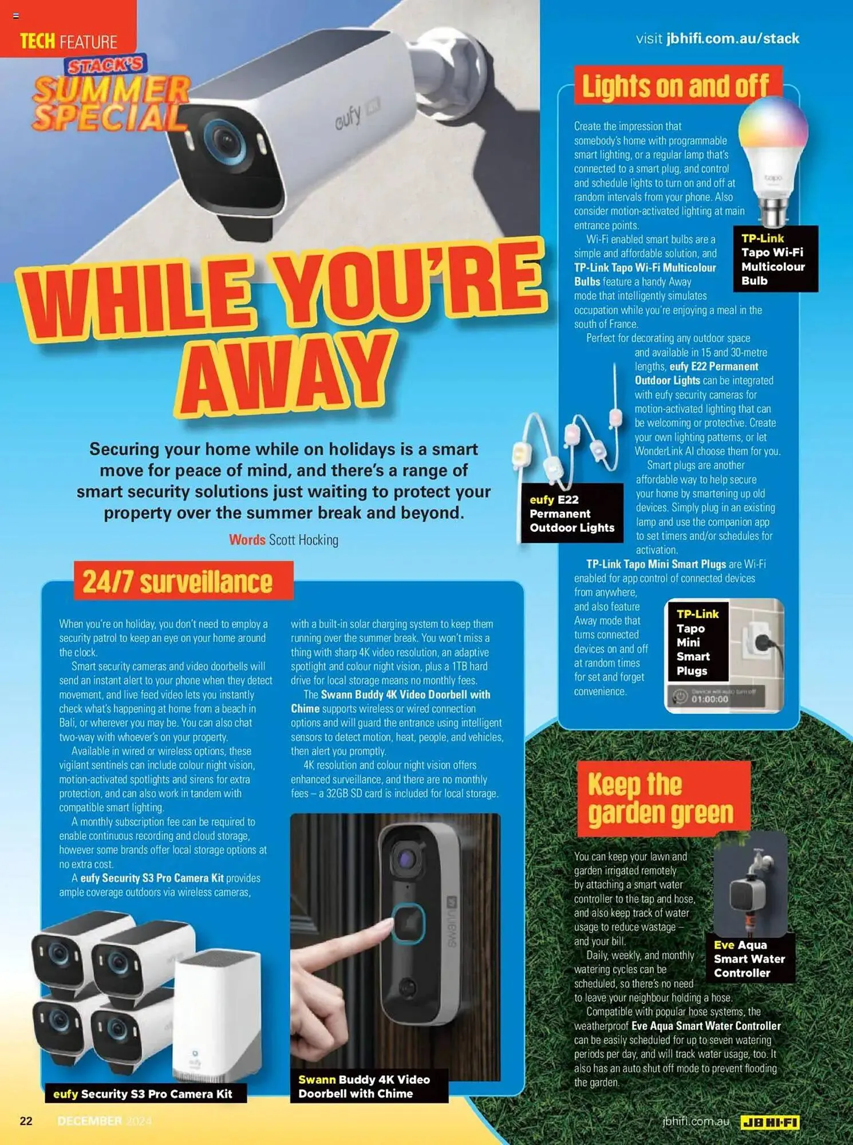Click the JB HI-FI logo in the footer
pos(769,1123)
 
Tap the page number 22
pos(26,1121)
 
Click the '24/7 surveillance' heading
pos(178,582)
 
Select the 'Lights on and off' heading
pos(675,86)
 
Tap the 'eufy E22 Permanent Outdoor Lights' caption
pos(572,514)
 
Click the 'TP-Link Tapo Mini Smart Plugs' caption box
pos(697,642)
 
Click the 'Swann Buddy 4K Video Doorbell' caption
pos(364,1086)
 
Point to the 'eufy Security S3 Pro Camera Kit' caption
pos(143,1094)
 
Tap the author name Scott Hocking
pos(303,540)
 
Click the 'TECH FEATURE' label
pos(68,41)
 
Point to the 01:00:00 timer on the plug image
pos(709,699)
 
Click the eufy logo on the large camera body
pos(348,117)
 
